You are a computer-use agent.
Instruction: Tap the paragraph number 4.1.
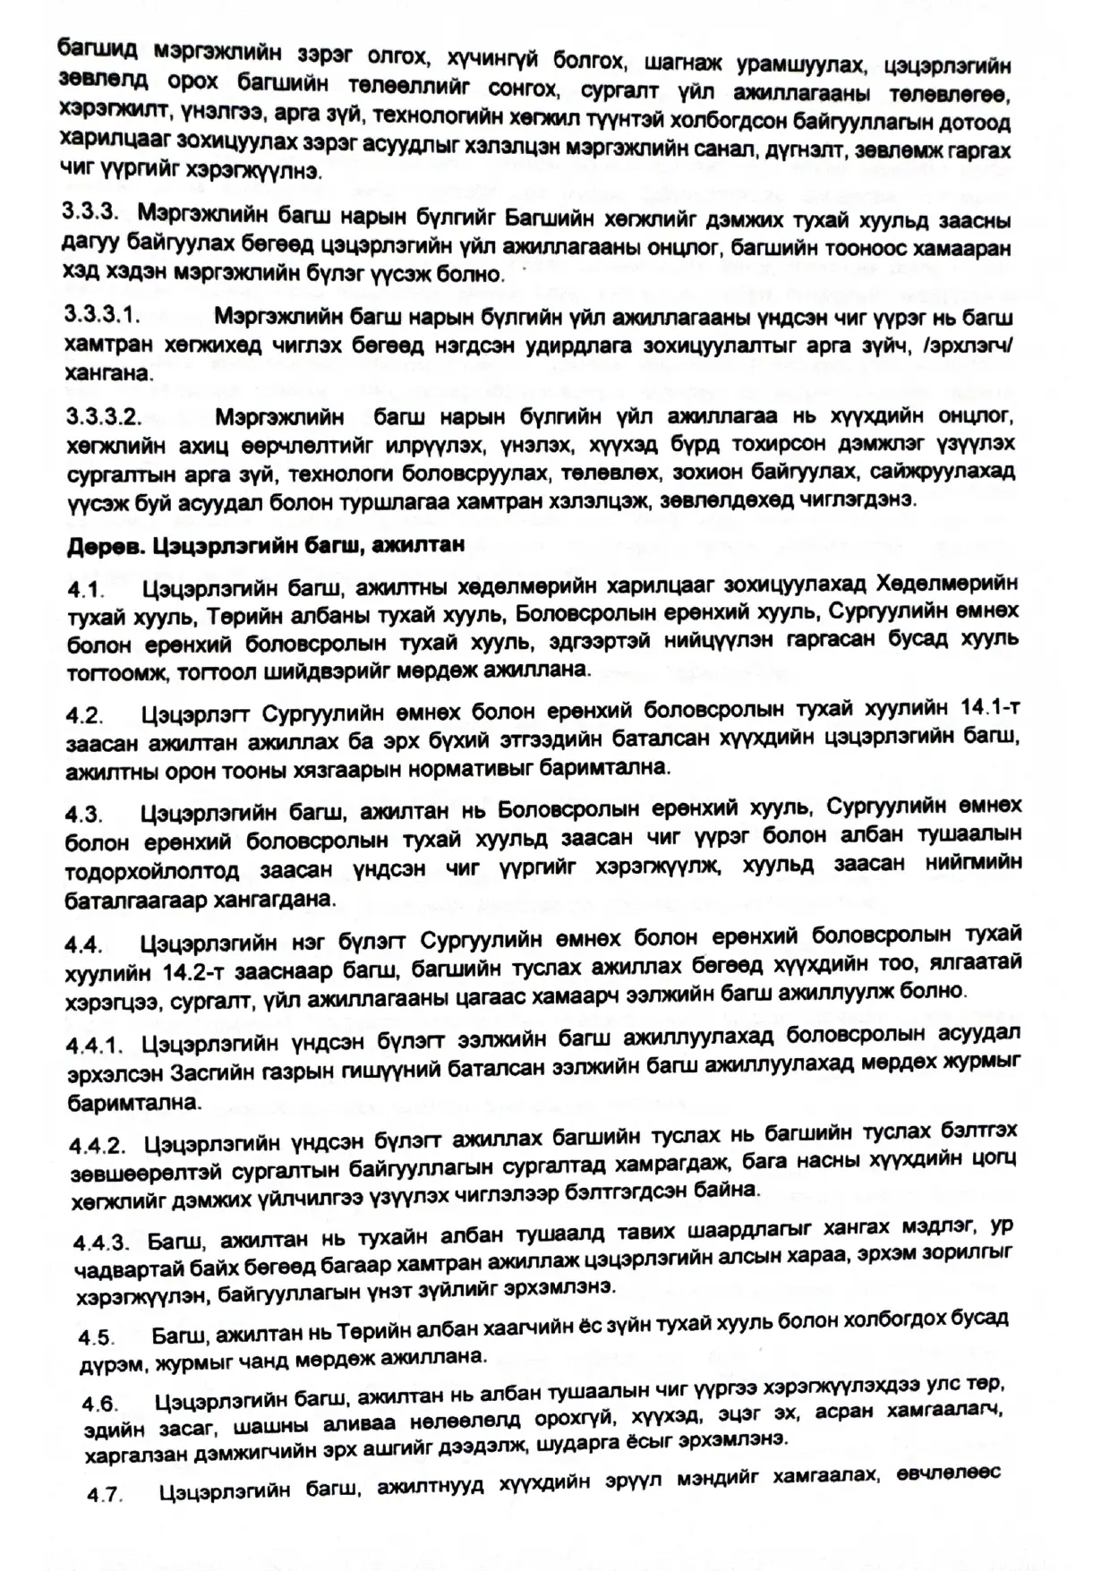pyautogui.click(x=85, y=591)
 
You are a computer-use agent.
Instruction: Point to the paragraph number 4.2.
pyautogui.click(x=85, y=716)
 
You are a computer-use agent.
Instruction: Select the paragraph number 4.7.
pyautogui.click(x=105, y=1495)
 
